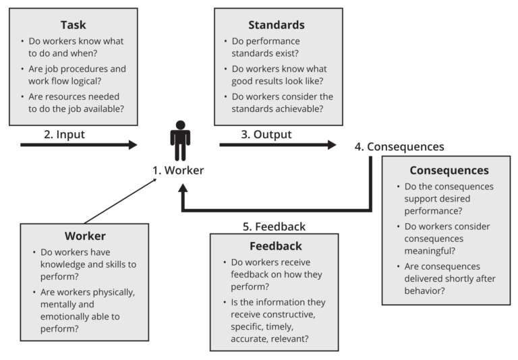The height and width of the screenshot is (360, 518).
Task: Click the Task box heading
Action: click(x=73, y=25)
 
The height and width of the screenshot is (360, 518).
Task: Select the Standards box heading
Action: click(x=276, y=25)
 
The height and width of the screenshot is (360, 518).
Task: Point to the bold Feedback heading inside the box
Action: click(x=275, y=246)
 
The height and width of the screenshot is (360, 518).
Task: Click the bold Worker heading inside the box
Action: click(x=85, y=237)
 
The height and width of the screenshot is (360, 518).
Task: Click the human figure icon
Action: click(x=180, y=140)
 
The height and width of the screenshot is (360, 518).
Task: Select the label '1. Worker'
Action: click(x=178, y=171)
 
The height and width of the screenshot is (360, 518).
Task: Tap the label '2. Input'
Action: click(x=65, y=134)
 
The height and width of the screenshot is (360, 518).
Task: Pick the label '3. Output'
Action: click(x=266, y=134)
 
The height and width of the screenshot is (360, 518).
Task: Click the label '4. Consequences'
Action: click(x=399, y=146)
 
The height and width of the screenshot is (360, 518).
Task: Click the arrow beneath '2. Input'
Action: click(x=78, y=144)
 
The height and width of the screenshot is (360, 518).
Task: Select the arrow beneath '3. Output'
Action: click(x=277, y=144)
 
